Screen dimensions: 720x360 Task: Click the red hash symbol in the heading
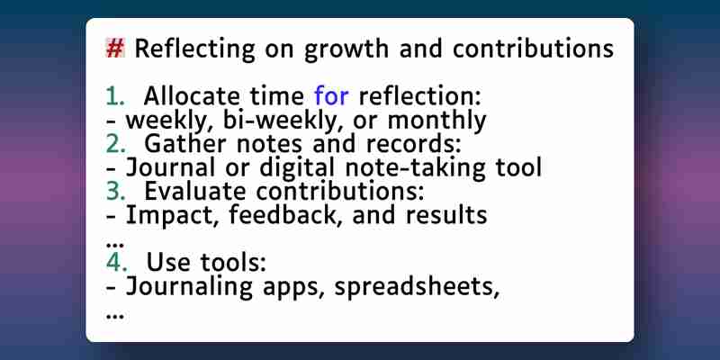coord(115,49)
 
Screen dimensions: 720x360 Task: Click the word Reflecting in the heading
coord(194,49)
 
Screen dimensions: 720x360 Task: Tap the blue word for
coord(331,96)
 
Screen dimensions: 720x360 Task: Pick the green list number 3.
coord(115,192)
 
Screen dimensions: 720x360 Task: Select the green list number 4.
coord(116,262)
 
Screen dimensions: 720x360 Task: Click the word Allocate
coord(192,96)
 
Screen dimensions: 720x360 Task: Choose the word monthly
coord(436,121)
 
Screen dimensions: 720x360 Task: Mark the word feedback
coord(285,215)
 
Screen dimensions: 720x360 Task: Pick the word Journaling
coord(189,286)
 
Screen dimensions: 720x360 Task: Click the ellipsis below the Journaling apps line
coord(115,316)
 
